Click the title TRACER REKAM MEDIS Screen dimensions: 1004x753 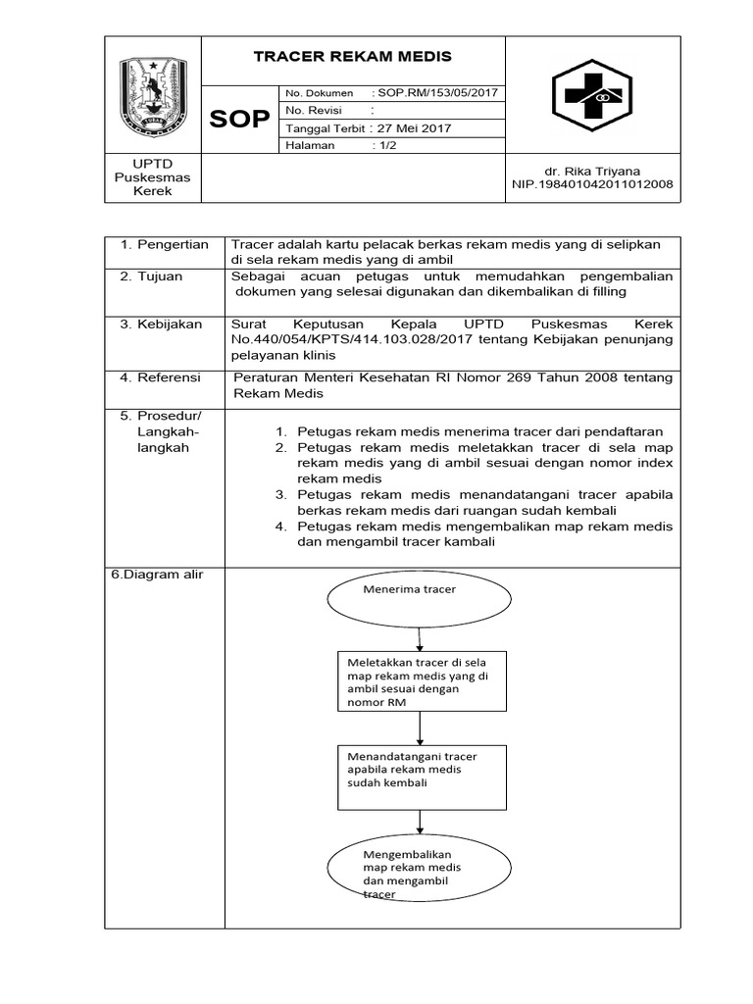click(352, 57)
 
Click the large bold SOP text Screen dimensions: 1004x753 click(240, 120)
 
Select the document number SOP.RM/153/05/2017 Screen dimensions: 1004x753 click(437, 92)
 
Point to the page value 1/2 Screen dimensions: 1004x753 click(389, 145)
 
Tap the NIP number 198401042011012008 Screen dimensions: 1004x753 click(593, 184)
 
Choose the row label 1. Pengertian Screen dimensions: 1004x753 click(164, 245)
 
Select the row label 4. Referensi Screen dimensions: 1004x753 click(161, 377)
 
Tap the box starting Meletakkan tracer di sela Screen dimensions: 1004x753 click(421, 681)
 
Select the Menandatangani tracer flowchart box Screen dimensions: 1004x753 click(421, 776)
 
